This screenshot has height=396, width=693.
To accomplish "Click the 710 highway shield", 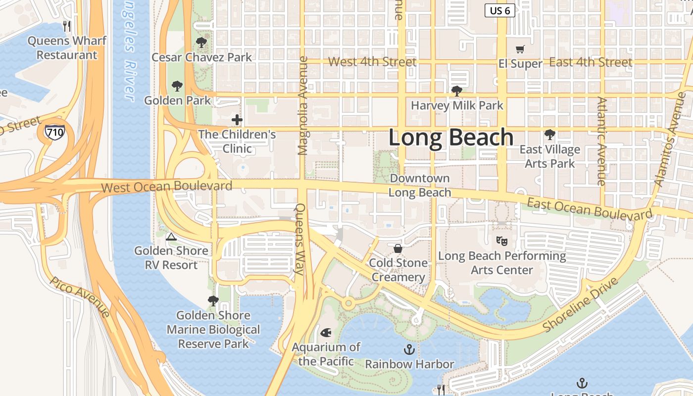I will pos(54,132).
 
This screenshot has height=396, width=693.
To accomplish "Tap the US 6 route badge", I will pos(499,10).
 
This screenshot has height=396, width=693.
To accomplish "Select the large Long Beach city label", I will pos(450,138).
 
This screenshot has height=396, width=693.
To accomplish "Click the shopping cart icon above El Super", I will pos(520,49).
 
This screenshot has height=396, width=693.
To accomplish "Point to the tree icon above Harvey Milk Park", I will pos(457,91).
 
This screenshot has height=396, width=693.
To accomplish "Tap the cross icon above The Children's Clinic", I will pos(237,120).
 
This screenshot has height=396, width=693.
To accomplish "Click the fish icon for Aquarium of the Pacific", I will pos(326,332).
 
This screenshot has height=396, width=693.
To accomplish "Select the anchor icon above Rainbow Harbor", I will pos(409,350).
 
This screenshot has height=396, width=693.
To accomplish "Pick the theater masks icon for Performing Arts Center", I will pos(502,241).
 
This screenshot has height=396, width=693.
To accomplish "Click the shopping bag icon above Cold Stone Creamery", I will pos(398,248).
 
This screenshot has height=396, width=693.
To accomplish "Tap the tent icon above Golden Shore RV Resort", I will pos(171,237).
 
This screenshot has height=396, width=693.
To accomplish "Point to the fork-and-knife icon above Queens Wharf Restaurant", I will pos(67,26).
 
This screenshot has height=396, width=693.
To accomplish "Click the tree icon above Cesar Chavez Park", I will pos(201,43).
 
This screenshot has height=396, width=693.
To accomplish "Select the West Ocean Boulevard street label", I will pos(167,187).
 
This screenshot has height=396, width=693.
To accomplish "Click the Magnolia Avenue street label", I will pos(303,105).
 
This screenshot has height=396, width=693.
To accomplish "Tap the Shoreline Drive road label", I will pos(581,305).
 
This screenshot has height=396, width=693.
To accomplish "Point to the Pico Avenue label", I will pos(80,296).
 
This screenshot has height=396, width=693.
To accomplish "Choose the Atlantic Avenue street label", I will pos(602,141).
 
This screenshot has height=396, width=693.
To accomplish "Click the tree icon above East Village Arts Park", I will pos(549,134).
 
